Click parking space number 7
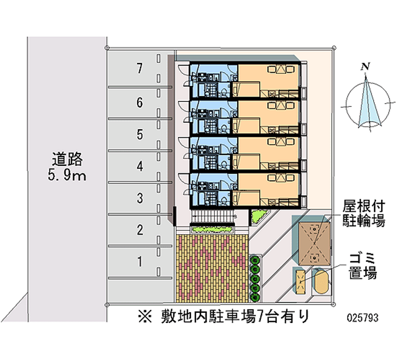(140, 69)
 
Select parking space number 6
(140, 103)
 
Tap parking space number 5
(140, 134)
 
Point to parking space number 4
(140, 166)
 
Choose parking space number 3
(140, 199)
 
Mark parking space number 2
(140, 230)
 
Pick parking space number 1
(140, 261)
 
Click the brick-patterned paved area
(211, 267)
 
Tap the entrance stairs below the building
(211, 216)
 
